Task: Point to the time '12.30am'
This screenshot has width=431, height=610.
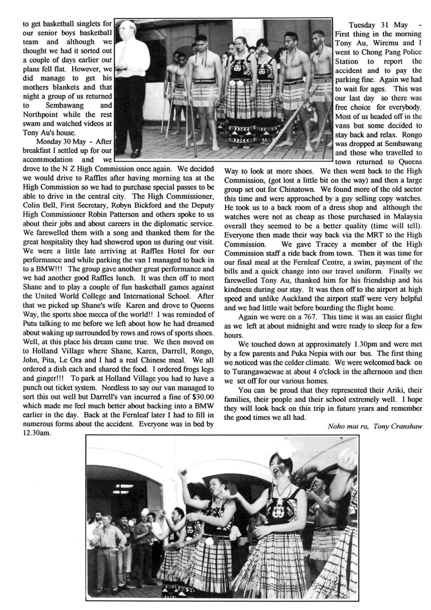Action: coord(37,433)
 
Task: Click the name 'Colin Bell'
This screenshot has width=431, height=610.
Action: coord(38,205)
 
